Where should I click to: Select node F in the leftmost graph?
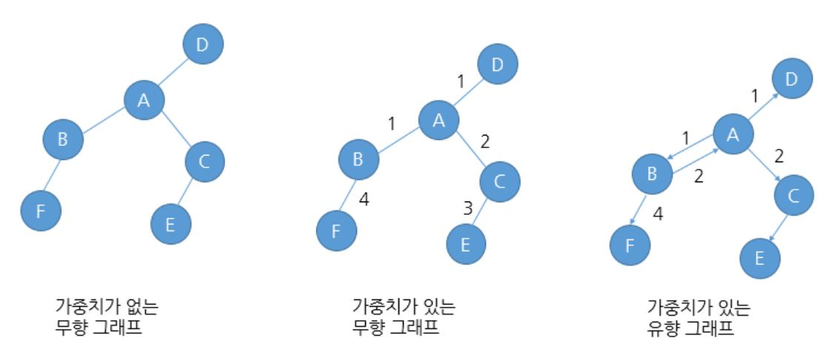(40, 210)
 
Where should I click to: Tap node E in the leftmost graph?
(170, 223)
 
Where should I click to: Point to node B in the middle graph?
(359, 159)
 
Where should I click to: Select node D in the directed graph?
(791, 79)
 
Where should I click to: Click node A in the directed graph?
(733, 134)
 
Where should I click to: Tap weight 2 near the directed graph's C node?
(779, 156)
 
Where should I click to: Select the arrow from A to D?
(762, 106)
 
